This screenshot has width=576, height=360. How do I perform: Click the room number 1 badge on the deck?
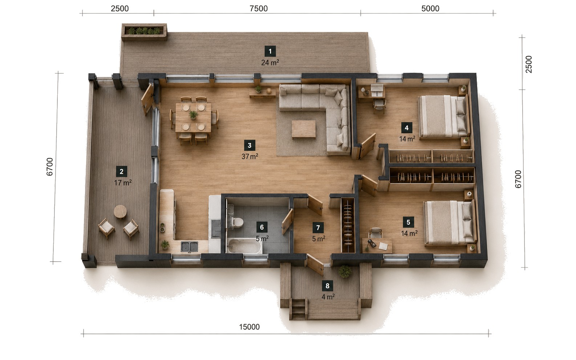270,52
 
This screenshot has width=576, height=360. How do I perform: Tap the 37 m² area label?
250,156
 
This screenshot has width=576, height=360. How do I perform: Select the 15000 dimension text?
249,327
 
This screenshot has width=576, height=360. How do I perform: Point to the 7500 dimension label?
259,8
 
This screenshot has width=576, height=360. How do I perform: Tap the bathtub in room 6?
244,246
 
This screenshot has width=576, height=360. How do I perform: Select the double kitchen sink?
189,247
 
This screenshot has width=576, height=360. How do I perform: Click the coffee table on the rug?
304,130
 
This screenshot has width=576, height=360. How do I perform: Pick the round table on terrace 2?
120,212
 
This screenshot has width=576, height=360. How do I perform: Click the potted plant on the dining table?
193,115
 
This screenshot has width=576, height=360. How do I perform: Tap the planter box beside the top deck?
144,32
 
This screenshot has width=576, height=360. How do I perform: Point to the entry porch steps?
298,309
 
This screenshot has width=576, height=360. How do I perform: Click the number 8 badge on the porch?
327,286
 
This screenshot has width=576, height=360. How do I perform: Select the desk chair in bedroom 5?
376,233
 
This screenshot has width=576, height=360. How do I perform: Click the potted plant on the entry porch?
345,271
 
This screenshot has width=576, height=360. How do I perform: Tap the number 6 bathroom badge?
262,227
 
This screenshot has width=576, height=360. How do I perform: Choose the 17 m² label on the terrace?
123,183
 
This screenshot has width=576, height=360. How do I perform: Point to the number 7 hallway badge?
318,228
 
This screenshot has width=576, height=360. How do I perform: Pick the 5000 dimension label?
430,8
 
